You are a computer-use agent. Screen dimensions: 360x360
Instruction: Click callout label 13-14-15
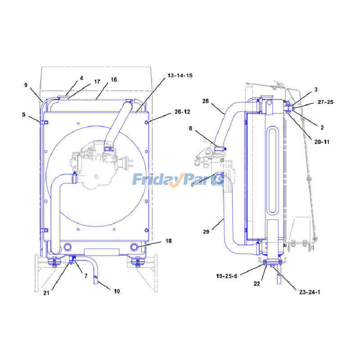180,76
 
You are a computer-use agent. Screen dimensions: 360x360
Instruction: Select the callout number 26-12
182,112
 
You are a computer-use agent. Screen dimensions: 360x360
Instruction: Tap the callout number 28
206,101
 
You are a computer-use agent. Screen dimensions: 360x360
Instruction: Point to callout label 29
206,232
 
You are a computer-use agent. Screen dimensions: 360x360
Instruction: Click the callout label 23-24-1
310,292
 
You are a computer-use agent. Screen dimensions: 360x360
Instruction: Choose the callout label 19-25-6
227,276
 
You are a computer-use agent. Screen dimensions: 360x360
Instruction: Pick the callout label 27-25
325,102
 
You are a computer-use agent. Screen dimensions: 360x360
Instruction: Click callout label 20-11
322,142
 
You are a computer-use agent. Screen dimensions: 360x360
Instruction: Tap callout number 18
168,241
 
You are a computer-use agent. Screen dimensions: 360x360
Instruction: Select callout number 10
117,291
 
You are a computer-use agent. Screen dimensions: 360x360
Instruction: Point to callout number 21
46,293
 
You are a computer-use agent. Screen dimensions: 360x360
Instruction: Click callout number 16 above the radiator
114,80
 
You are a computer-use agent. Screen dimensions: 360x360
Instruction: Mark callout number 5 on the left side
24,115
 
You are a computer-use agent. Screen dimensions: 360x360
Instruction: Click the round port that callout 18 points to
134,247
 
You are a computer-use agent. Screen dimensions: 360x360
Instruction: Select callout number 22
256,284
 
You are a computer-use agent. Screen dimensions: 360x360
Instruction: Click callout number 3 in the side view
316,90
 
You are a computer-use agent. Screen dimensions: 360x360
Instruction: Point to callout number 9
26,85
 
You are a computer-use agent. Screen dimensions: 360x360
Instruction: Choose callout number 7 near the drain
86,276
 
